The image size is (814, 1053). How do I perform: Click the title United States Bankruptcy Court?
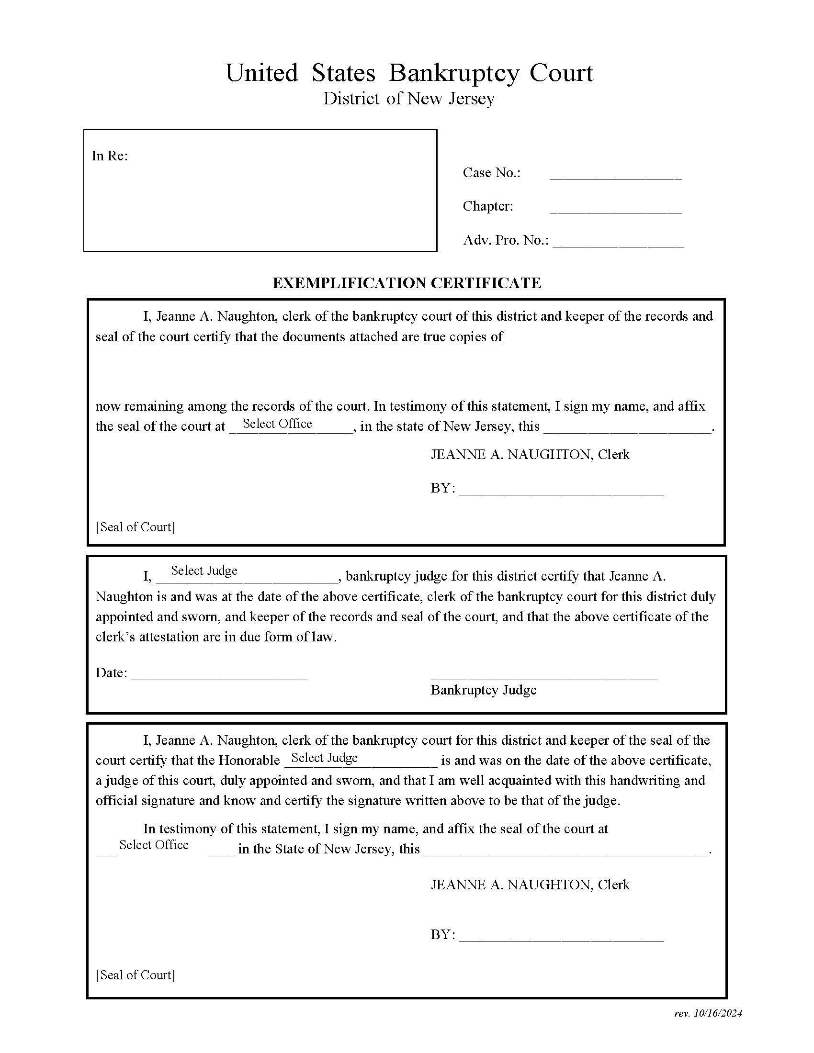click(409, 73)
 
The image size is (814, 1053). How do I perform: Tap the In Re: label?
click(110, 156)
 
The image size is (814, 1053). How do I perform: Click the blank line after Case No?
click(615, 176)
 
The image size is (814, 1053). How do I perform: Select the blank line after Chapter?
click(615, 209)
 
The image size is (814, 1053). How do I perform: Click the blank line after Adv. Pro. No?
click(618, 243)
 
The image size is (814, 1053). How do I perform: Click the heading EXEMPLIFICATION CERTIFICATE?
click(407, 283)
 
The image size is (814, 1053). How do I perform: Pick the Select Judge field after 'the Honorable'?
click(361, 759)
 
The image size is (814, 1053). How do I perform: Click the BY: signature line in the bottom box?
click(561, 936)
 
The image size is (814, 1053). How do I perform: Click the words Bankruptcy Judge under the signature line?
click(483, 690)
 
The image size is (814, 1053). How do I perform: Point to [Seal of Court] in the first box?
click(135, 527)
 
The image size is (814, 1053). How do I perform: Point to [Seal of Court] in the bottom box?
click(135, 975)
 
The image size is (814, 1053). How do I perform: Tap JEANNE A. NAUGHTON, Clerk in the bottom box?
click(530, 885)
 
